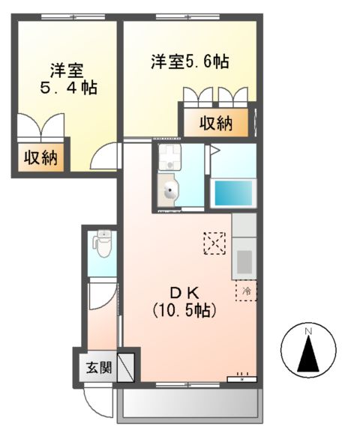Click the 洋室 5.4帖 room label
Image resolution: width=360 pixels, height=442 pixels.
coord(67,79)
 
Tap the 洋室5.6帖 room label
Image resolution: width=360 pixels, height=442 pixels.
coord(188,62)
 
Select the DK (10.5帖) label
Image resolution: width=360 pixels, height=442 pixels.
coord(184,300)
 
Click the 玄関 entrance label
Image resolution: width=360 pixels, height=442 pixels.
coord(97,368)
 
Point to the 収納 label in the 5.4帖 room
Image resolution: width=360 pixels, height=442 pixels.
coord(40,157)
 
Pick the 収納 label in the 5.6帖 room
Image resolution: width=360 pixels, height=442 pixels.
coord(214,123)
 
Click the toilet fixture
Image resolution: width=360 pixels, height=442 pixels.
coord(103,243)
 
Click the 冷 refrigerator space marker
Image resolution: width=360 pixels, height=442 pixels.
coord(245,290)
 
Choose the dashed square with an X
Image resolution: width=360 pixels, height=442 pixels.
coord(214,243)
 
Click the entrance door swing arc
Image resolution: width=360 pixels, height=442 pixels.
coord(96,405)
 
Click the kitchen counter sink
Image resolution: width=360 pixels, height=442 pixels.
coord(244,261)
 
